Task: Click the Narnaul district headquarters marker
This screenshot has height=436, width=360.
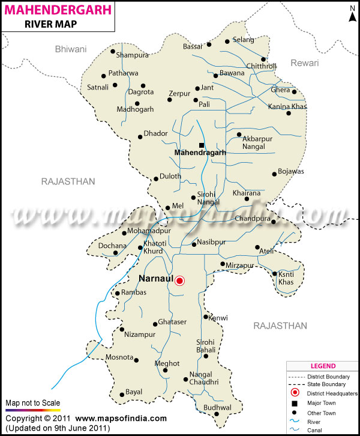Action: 179,280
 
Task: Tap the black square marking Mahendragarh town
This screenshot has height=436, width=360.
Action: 202,145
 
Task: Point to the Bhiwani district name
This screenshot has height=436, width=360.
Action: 70,49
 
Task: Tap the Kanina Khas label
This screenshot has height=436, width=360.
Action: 287,107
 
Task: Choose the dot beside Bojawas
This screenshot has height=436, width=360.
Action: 274,174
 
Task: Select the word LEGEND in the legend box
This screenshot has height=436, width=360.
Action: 323,366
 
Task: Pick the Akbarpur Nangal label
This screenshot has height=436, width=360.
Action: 257,142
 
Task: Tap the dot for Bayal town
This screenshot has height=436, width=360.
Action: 122,395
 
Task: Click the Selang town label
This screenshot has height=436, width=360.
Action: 244,40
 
